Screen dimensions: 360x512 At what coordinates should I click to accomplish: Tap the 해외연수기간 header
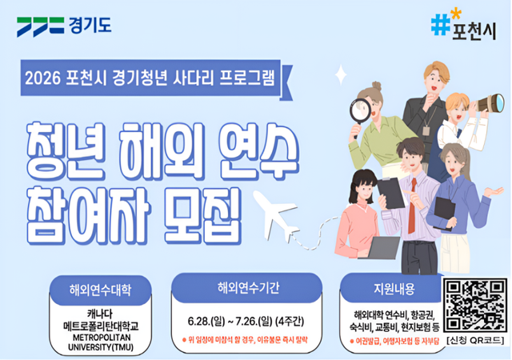coord(247,288)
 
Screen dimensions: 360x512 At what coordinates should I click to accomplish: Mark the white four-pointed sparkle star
coord(341,77)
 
